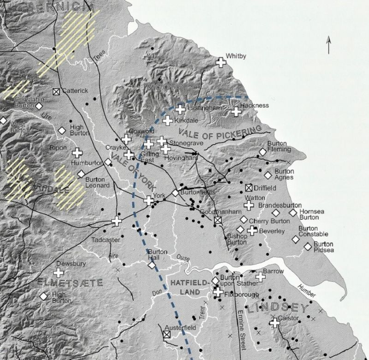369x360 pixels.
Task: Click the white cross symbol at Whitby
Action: pyautogui.click(x=221, y=62)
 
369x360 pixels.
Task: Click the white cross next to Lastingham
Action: pyautogui.click(x=180, y=109)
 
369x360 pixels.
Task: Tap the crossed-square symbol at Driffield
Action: pyautogui.click(x=249, y=188)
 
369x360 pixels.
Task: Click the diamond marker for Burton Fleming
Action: pyautogui.click(x=262, y=152)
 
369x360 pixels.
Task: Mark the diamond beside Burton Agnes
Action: pyautogui.click(x=268, y=175)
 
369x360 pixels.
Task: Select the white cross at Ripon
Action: pyautogui.click(x=77, y=153)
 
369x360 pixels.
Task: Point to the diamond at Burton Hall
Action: pyautogui.click(x=152, y=265)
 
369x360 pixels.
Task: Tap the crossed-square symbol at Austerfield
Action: pyautogui.click(x=167, y=336)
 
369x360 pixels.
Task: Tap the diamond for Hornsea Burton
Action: pyautogui.click(x=292, y=213)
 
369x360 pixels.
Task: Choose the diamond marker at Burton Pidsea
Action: pyautogui.click(x=308, y=246)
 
